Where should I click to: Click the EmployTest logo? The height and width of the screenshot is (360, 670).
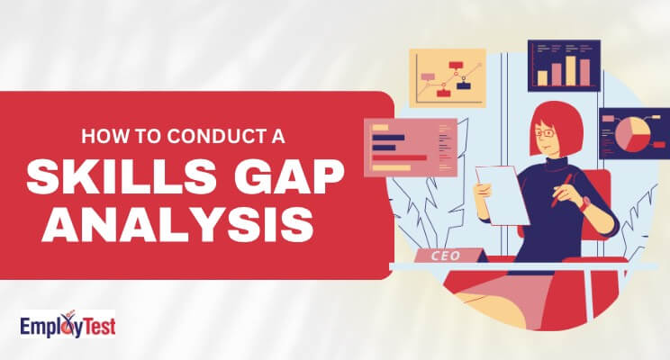68,325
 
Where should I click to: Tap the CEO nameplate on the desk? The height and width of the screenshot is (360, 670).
446,256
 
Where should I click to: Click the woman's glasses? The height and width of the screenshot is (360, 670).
545,133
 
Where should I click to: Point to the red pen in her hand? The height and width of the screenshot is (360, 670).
561,190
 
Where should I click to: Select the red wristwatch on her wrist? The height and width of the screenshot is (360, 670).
584,203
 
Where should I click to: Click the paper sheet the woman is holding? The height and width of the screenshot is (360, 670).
502,194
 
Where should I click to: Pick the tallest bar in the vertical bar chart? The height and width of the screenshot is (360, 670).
571,70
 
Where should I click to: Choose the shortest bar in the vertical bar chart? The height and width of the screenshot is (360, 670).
542,78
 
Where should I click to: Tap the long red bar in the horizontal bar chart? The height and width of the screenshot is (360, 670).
399,157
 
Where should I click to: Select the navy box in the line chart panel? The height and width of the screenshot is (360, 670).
463,85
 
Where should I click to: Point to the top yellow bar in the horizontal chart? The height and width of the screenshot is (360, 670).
380,127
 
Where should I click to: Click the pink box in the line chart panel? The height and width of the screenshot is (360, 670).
428,76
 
